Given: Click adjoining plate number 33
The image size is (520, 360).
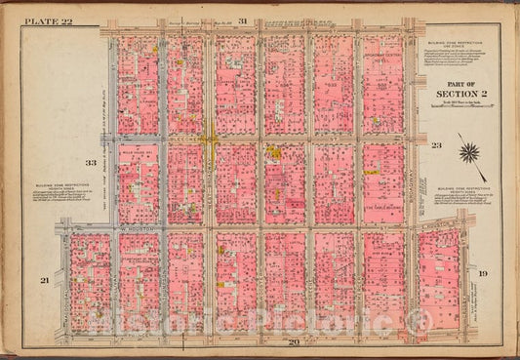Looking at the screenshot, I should pyautogui.click(x=90, y=163).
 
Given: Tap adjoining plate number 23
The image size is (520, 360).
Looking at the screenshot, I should pyautogui.click(x=437, y=144).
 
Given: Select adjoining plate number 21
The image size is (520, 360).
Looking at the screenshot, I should pyautogui.click(x=44, y=280).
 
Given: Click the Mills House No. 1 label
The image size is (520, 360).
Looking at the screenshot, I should pyautogui.click(x=132, y=153).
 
